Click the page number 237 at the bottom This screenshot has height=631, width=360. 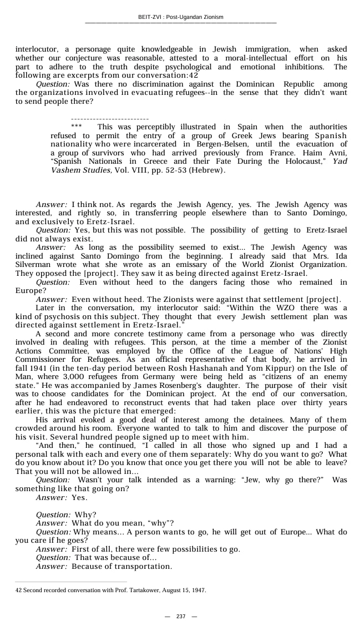point(180,617)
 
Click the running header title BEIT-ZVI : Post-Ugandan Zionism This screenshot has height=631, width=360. point(180,17)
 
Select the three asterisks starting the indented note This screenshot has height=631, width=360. point(77,127)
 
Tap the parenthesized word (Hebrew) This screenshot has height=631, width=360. point(207,170)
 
